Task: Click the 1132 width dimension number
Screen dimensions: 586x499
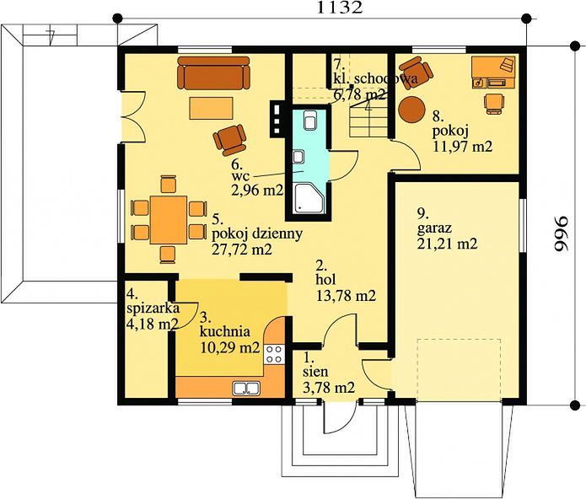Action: click(339, 7)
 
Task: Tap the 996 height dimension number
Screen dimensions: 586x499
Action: click(560, 233)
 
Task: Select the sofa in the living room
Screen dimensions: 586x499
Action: click(213, 72)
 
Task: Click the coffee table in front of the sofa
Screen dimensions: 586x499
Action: click(211, 108)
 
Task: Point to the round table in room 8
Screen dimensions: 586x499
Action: click(411, 109)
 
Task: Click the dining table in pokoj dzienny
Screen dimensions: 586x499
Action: click(169, 220)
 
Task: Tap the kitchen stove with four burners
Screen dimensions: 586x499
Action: click(274, 354)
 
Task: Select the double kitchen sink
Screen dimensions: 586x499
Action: click(246, 389)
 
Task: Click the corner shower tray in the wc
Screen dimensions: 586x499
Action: click(309, 199)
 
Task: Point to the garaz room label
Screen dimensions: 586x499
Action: click(434, 227)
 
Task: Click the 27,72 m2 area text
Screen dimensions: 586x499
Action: click(242, 249)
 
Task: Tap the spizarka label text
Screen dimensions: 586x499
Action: click(153, 309)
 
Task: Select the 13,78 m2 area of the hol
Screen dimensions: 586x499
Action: click(346, 296)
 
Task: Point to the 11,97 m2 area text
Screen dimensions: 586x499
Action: click(462, 146)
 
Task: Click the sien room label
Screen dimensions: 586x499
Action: click(315, 372)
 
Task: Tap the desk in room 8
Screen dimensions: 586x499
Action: click(493, 72)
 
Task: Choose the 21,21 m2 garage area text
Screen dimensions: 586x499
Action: click(447, 244)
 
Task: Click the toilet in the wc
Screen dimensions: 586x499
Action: click(310, 120)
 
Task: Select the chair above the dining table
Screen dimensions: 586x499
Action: click(168, 184)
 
